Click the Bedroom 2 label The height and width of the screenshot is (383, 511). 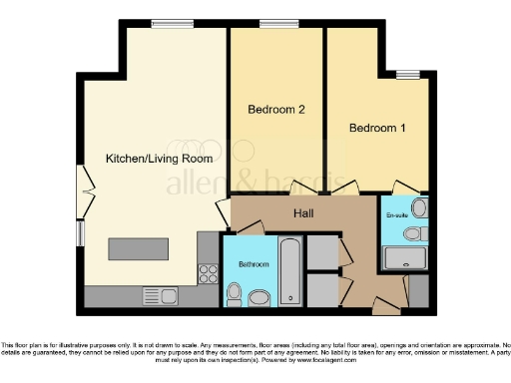[274, 110]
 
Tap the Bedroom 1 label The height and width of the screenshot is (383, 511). [378, 128]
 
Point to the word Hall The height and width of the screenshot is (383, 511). [305, 213]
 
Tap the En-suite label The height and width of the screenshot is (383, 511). [396, 213]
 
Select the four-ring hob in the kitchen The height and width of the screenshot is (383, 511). [210, 271]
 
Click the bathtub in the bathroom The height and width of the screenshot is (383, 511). [289, 270]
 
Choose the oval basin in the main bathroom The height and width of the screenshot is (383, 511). [259, 297]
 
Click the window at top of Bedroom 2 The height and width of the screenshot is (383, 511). [272, 23]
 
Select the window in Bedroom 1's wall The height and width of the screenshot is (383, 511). [407, 74]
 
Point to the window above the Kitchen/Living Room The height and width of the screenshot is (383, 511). [166, 23]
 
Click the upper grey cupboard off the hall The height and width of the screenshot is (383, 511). [322, 253]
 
